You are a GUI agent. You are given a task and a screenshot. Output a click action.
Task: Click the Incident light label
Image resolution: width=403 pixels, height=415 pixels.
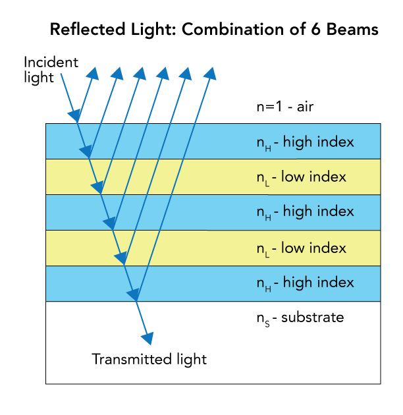[x=51, y=69]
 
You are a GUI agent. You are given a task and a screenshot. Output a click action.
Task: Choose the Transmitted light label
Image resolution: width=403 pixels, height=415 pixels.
[x=149, y=360]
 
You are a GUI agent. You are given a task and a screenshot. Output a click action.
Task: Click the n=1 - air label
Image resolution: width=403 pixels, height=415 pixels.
[x=284, y=107]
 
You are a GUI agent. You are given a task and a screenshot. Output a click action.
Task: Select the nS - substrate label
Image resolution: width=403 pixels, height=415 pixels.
[x=300, y=318]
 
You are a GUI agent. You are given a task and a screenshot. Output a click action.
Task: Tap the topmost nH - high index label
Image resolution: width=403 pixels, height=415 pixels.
[x=305, y=142]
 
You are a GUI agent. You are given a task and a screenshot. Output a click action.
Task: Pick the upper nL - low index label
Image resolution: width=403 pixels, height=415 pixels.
[x=301, y=177]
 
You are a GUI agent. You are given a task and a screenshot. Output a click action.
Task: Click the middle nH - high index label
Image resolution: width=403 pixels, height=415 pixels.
[x=305, y=211]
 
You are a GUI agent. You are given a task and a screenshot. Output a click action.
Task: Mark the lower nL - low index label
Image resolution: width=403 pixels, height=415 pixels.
[x=301, y=248]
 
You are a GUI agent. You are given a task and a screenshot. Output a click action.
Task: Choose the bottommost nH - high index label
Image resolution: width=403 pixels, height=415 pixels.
[x=305, y=283]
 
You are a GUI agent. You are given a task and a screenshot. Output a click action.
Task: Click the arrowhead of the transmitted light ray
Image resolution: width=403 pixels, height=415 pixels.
[x=148, y=338]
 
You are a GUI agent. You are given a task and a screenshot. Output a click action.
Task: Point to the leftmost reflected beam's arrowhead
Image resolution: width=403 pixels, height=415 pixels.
[x=94, y=73]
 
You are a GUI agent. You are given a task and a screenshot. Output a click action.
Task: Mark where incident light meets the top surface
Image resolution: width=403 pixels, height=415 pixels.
[x=78, y=123]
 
